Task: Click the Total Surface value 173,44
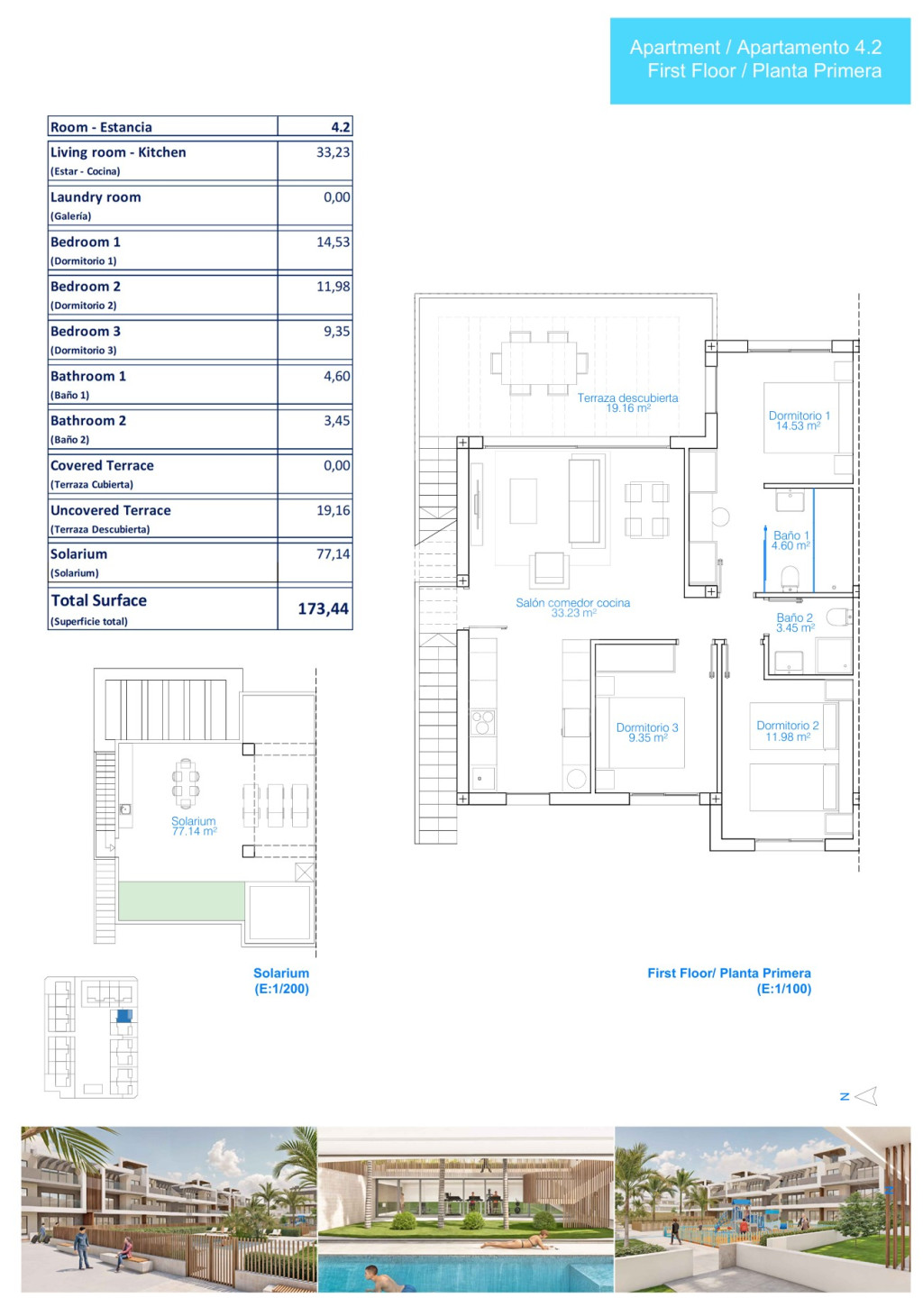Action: [323, 608]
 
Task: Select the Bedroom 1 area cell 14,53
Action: [333, 242]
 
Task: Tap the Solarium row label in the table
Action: [78, 554]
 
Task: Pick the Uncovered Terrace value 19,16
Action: [333, 510]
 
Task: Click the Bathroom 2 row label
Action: [88, 421]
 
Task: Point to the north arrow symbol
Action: [865, 1096]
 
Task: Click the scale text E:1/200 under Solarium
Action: [281, 989]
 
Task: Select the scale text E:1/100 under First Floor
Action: [784, 989]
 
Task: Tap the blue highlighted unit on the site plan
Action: [124, 1015]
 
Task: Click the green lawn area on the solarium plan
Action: [181, 901]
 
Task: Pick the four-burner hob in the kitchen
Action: [482, 723]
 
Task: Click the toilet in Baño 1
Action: [790, 577]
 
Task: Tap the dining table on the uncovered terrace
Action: [539, 363]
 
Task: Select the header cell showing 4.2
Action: [340, 127]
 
